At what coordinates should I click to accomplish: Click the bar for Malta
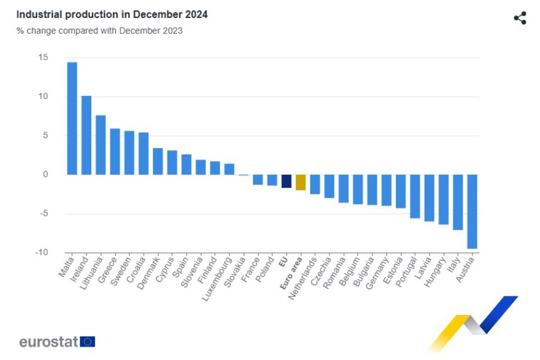[72, 118]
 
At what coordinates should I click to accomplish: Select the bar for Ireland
[86, 135]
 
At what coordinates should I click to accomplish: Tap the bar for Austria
[472, 211]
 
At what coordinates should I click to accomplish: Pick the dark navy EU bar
[286, 181]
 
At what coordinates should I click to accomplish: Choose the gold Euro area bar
[301, 182]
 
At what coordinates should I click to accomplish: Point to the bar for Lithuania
[101, 145]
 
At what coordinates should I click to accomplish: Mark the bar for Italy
[458, 202]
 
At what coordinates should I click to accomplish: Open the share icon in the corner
[520, 18]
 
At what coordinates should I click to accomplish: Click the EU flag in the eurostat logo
[88, 342]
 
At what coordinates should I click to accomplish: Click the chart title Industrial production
[112, 14]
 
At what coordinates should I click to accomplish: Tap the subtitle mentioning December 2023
[99, 31]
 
